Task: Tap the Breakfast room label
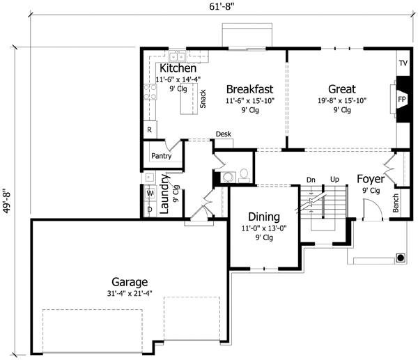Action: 249,89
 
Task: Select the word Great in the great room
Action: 341,89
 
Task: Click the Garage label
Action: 129,283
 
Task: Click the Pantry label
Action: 161,157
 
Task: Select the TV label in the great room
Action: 403,63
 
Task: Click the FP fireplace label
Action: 402,100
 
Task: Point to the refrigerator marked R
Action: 149,130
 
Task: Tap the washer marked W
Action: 149,193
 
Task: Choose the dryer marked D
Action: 149,208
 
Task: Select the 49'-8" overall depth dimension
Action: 8,201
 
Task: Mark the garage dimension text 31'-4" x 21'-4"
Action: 129,294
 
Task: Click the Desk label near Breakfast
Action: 223,134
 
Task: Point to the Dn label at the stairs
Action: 311,180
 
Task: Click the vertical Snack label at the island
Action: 203,99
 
